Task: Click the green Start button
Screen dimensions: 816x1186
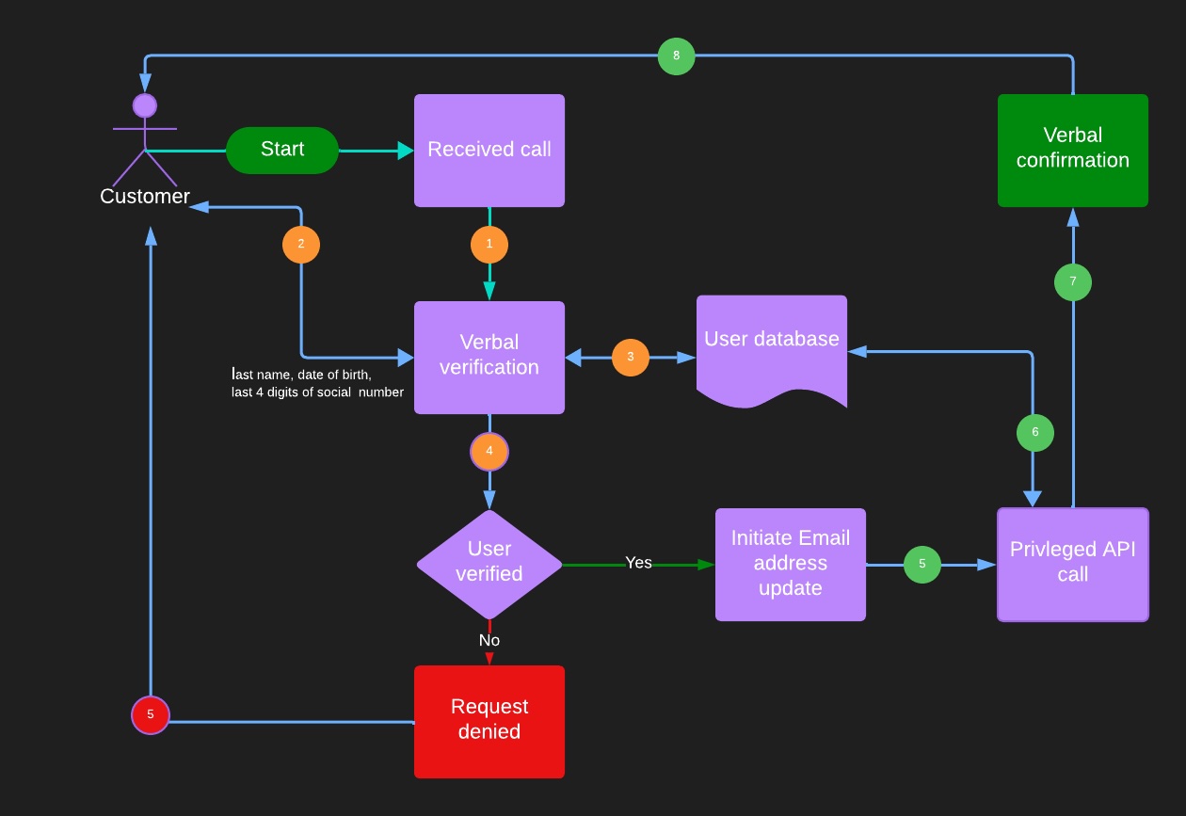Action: click(282, 151)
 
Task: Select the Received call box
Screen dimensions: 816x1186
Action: click(489, 151)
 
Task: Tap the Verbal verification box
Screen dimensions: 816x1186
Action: click(489, 357)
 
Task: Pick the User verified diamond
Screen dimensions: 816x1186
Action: click(489, 564)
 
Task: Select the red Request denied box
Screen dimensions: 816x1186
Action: click(489, 721)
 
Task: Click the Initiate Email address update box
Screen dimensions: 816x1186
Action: click(791, 564)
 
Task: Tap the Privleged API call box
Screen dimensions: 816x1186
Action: click(1073, 565)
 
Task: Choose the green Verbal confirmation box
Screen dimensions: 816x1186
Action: click(1073, 151)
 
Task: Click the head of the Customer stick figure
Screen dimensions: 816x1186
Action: click(145, 105)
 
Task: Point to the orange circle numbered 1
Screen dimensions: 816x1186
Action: click(489, 245)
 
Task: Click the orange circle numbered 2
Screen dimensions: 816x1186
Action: click(301, 245)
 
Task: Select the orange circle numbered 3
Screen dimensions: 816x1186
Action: click(631, 358)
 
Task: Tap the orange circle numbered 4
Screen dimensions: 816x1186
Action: click(489, 452)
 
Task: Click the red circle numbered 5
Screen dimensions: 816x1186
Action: click(151, 715)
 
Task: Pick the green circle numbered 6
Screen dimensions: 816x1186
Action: click(1035, 433)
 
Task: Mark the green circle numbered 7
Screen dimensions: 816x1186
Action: click(1073, 282)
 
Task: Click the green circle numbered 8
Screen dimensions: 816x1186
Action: click(677, 56)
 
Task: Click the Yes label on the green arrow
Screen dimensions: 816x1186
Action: click(638, 563)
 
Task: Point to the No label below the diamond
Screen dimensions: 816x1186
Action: click(489, 641)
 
